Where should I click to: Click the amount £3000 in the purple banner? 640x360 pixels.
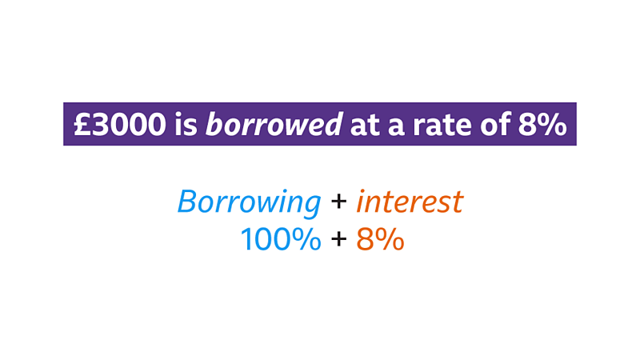point(118,124)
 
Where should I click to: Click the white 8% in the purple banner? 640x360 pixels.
point(545,124)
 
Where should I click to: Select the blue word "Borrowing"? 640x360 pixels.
point(249,202)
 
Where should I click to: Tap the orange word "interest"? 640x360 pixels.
point(409,201)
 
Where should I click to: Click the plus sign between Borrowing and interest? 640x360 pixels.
point(338,201)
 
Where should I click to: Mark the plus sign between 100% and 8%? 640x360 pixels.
point(338,238)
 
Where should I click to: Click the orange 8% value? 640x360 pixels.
point(380,238)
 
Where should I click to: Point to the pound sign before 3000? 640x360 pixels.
point(82,124)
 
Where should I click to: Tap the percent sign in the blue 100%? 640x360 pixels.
point(307,238)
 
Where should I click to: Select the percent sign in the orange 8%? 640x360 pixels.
point(390,238)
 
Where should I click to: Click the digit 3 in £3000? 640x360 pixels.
point(99,124)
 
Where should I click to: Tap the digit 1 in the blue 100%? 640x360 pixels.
point(246,238)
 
